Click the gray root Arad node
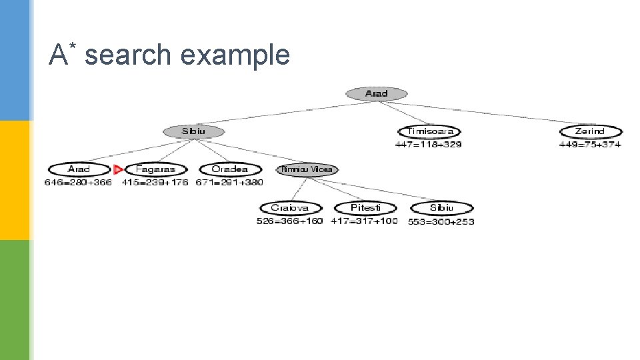[x=376, y=94]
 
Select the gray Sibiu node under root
[x=194, y=131]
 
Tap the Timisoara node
[x=429, y=131]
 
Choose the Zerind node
[x=590, y=131]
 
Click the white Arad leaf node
[x=79, y=169]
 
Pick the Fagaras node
[x=155, y=169]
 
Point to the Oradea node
[x=229, y=169]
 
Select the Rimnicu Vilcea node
[x=307, y=169]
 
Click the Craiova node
[x=290, y=208]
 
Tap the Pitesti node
[x=365, y=208]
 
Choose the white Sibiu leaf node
[x=441, y=208]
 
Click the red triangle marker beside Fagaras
[x=118, y=169]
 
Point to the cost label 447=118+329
[x=428, y=144]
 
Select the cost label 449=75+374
[x=590, y=144]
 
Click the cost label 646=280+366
[x=78, y=182]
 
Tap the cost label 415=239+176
[x=155, y=182]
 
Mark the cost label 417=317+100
[x=364, y=221]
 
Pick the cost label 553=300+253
[x=441, y=221]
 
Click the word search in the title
[x=128, y=55]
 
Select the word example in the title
[x=235, y=55]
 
